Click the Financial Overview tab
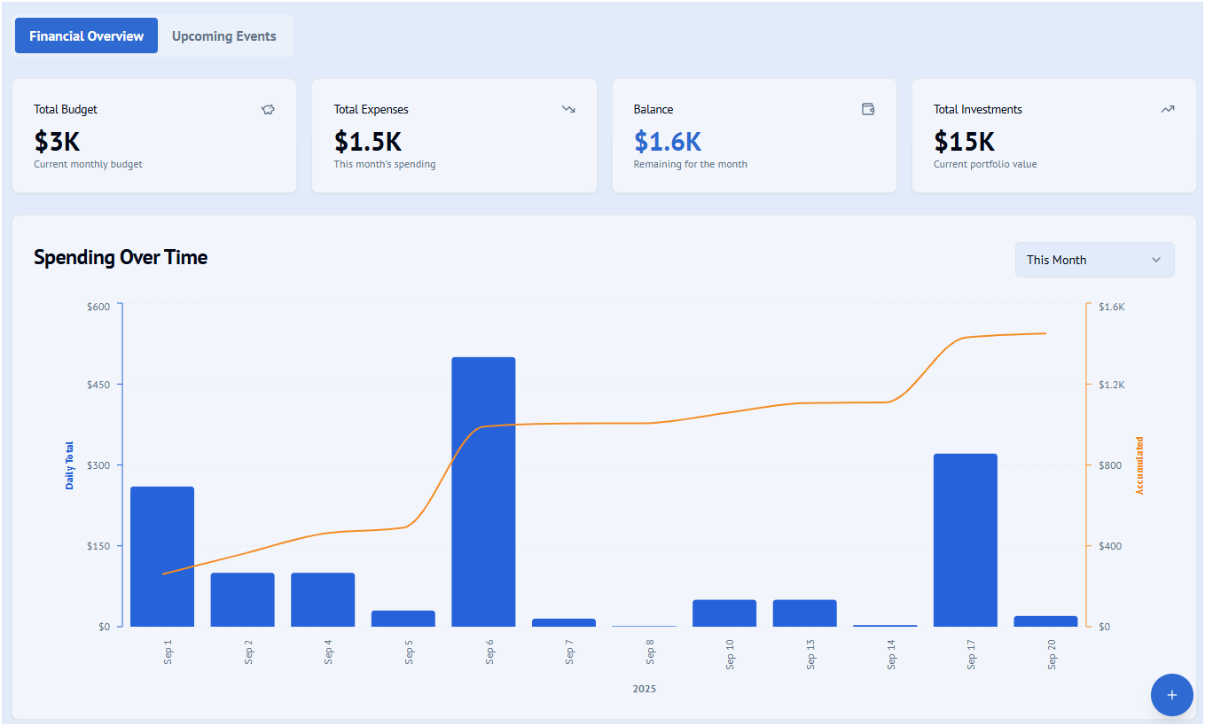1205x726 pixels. click(x=86, y=36)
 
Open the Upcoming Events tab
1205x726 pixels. click(x=224, y=36)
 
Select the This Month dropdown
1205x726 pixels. click(x=1094, y=260)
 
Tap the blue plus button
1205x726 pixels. click(x=1171, y=695)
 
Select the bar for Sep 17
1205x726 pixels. click(x=965, y=540)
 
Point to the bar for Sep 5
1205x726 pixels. click(x=403, y=619)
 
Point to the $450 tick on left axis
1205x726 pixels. click(x=98, y=385)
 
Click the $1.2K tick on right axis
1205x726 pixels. click(x=1111, y=385)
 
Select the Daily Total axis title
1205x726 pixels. click(x=70, y=465)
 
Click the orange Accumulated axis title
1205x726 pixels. click(x=1140, y=465)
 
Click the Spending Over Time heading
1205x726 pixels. click(x=121, y=258)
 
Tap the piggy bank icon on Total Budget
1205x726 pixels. click(x=268, y=109)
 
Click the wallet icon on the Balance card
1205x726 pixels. click(x=868, y=109)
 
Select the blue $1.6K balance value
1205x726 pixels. click(x=668, y=141)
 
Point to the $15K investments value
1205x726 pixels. click(x=964, y=141)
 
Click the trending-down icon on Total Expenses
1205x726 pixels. click(x=568, y=109)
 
